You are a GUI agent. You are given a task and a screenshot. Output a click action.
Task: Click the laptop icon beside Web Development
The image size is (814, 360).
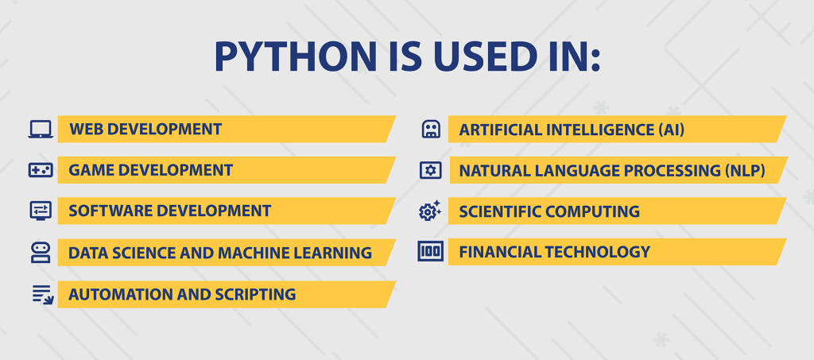click(41, 129)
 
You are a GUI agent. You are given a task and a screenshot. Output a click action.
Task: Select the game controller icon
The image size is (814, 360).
click(41, 170)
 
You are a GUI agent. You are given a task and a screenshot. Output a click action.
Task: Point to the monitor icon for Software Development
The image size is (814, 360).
click(41, 211)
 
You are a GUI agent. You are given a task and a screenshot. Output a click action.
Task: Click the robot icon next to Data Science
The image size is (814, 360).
click(41, 253)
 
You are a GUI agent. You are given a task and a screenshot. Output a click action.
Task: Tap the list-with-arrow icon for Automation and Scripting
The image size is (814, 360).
click(41, 294)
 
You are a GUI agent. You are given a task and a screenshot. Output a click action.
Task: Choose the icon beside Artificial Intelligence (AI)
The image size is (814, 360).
click(430, 129)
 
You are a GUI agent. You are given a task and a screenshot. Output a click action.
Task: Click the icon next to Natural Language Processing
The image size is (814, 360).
click(430, 170)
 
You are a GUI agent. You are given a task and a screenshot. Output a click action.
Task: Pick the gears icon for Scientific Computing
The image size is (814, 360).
click(430, 211)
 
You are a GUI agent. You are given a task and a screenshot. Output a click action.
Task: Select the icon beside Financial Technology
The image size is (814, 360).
click(430, 252)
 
